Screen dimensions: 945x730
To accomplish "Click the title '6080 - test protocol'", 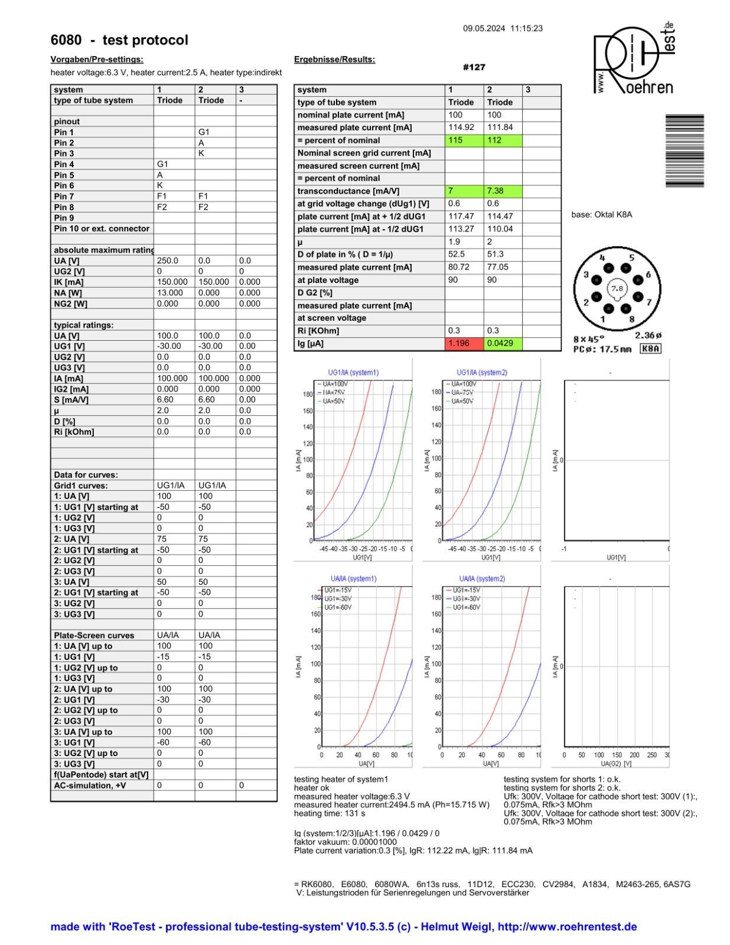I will pos(119,40).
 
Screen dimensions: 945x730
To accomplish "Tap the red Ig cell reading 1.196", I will pos(464,343).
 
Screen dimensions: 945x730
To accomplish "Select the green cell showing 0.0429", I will pos(503,343).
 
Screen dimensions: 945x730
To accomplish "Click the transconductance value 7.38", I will pos(503,191).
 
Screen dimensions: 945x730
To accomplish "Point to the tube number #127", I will pos(474,67).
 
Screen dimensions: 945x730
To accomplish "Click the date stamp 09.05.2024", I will pos(484,28).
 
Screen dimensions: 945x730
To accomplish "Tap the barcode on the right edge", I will pos(685,151).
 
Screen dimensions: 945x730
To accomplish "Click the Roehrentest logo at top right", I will pos(634,59).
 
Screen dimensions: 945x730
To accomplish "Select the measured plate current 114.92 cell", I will pos(464,128).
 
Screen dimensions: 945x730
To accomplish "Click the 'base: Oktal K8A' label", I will pos(601,214).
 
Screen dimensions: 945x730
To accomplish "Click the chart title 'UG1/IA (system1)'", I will pos(353,373).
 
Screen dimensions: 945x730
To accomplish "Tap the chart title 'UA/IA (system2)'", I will pos(482,579).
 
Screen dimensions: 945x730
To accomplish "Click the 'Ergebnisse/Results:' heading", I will pos(334,59).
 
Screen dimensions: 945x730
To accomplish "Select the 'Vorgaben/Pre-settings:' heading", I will pos(97,59).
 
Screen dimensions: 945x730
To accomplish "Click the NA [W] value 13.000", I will pos(170,293).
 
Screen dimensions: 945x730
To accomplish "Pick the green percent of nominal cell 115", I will pos(464,141).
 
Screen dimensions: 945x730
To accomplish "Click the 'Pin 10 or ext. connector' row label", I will pos(102,229).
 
